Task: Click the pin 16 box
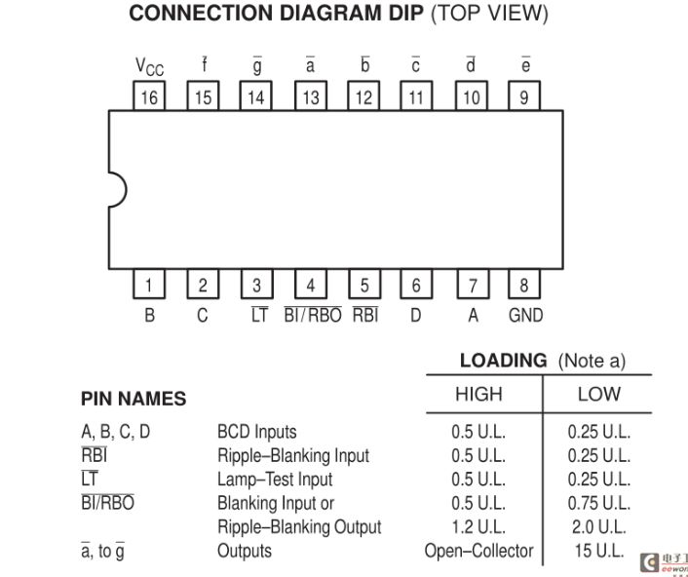[x=149, y=96]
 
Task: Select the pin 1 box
[x=149, y=284]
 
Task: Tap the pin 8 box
[x=524, y=284]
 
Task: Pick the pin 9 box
[x=524, y=96]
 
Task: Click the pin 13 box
[x=311, y=96]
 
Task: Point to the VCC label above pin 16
[x=150, y=67]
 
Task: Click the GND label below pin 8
[x=525, y=316]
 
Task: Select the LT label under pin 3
[x=259, y=315]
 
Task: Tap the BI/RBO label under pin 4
[x=313, y=315]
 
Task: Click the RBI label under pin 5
[x=365, y=315]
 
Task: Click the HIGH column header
[x=478, y=394]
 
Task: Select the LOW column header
[x=599, y=394]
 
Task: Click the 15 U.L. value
[x=599, y=551]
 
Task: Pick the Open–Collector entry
[x=478, y=551]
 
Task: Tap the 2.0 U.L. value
[x=599, y=526]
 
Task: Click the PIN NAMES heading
[x=134, y=399]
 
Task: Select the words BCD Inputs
[x=256, y=432]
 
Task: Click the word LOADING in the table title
[x=503, y=361]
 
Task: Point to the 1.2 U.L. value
[x=478, y=526]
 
